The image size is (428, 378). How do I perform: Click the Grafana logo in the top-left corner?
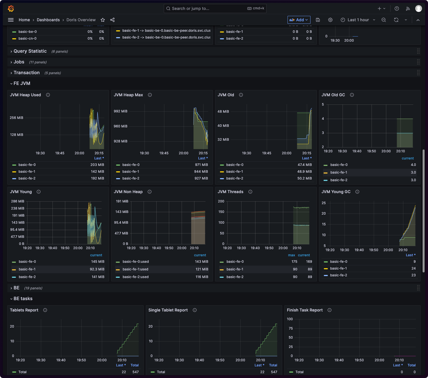[11, 8]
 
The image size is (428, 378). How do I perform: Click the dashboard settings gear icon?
[330, 20]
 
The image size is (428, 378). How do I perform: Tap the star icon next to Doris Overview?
[103, 20]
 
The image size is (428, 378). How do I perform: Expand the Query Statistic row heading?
[30, 51]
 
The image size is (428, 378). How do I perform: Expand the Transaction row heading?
[27, 73]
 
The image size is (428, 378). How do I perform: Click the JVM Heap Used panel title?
[25, 95]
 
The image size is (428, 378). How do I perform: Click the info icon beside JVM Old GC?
[352, 95]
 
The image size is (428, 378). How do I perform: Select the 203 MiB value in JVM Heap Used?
[97, 165]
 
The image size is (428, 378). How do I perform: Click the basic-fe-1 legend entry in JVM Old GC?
[339, 172]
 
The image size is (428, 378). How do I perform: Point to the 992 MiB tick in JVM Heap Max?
[121, 111]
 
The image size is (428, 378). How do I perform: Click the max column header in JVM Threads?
[291, 255]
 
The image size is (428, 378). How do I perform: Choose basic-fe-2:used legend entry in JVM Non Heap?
[135, 277]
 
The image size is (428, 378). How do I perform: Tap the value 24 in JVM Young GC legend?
[414, 268]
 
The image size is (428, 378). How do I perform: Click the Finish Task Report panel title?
[305, 310]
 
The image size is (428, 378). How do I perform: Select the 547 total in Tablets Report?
[136, 372]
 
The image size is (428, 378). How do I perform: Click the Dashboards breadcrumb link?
[48, 20]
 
